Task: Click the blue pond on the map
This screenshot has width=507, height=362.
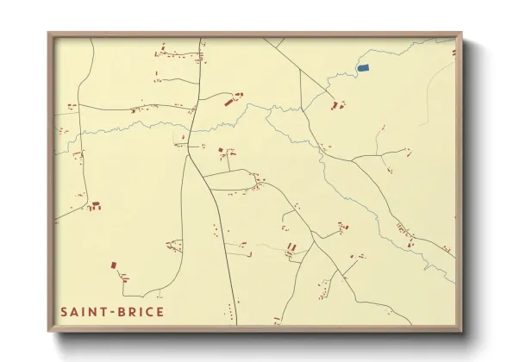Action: pos(363,67)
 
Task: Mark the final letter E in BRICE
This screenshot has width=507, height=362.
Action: pos(160,311)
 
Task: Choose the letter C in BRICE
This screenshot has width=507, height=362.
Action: pos(150,311)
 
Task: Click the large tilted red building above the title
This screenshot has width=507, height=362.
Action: pos(113,265)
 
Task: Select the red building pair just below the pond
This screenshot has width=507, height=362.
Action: pos(336,105)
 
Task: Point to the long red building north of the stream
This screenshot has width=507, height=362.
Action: pos(229,103)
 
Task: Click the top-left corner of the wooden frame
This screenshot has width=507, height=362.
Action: pos(49,34)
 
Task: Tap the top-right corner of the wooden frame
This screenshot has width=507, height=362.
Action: pos(461,34)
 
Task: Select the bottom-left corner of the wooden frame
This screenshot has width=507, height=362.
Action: pos(49,331)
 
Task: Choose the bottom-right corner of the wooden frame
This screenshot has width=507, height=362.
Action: pos(461,331)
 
